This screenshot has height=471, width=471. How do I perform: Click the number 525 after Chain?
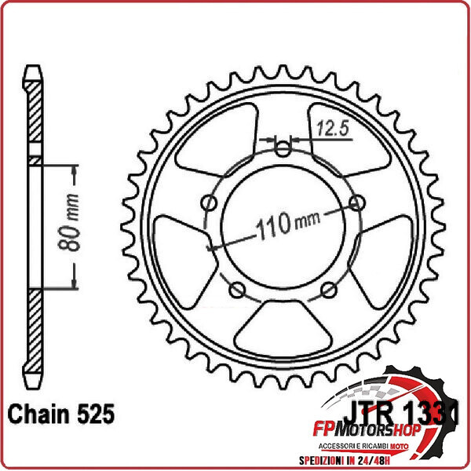pos(97,411)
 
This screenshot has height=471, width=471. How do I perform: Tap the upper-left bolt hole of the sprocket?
pos(210,204)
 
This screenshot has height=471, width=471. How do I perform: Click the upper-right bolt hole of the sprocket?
pos(359,204)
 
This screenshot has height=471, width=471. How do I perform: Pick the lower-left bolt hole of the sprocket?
pos(238,291)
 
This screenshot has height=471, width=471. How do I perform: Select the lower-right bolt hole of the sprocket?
pos(330,291)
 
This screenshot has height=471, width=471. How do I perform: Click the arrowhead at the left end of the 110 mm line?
pos(210,248)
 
